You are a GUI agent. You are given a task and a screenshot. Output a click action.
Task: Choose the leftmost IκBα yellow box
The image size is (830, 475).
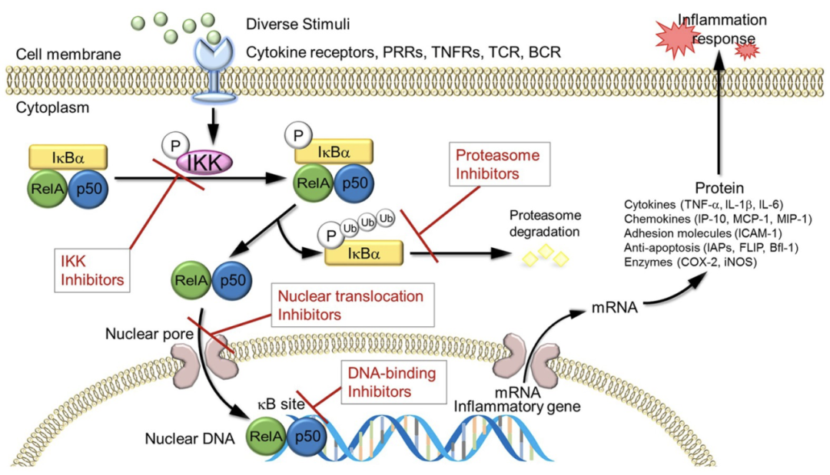68,157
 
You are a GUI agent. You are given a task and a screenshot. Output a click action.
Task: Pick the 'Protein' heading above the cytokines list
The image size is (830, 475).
717,188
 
